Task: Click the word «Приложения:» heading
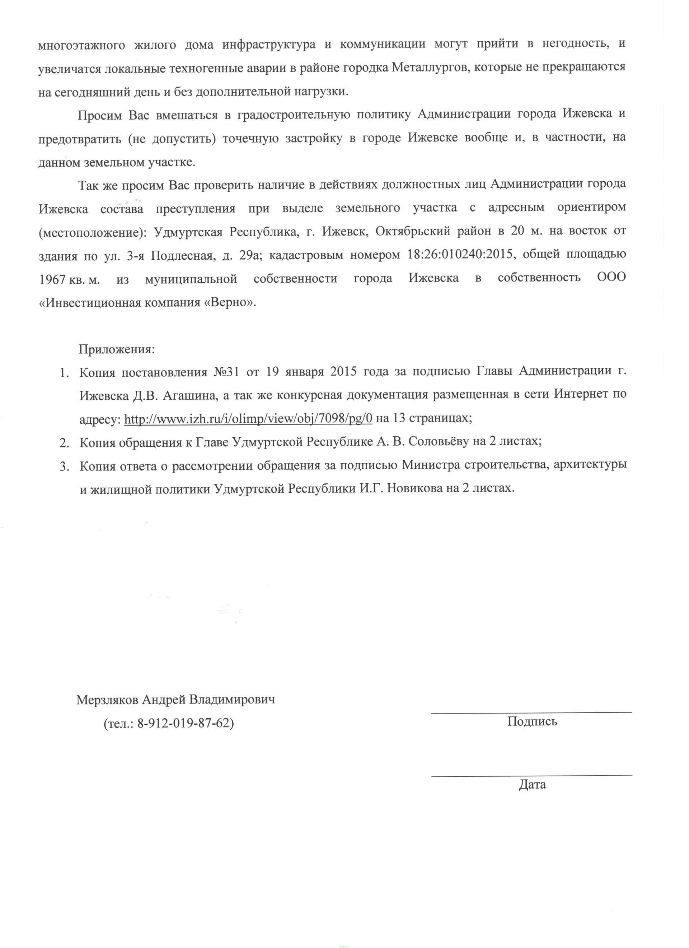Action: [x=117, y=349]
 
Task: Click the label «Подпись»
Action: [x=532, y=721]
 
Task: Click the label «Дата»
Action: [x=532, y=785]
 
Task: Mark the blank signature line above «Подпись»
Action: [x=531, y=711]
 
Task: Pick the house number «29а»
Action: [x=250, y=255]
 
